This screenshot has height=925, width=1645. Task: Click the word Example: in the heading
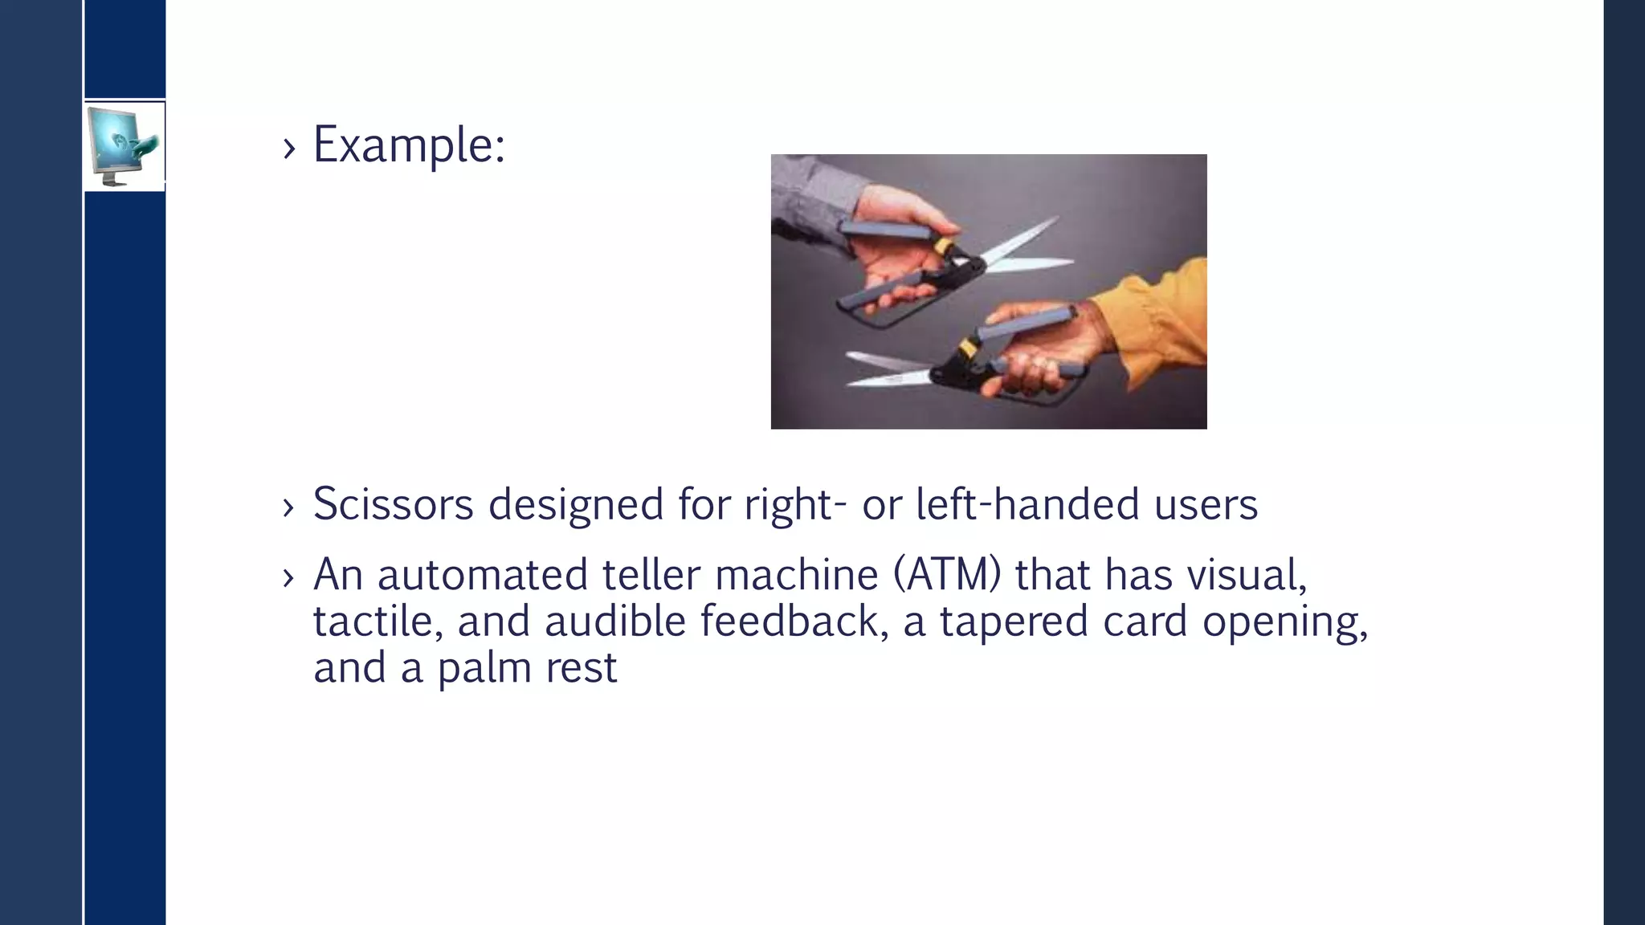tap(408, 146)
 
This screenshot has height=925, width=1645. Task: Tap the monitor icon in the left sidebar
tap(123, 145)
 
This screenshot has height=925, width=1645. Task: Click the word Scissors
tap(393, 505)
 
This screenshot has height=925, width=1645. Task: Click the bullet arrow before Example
tap(289, 149)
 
